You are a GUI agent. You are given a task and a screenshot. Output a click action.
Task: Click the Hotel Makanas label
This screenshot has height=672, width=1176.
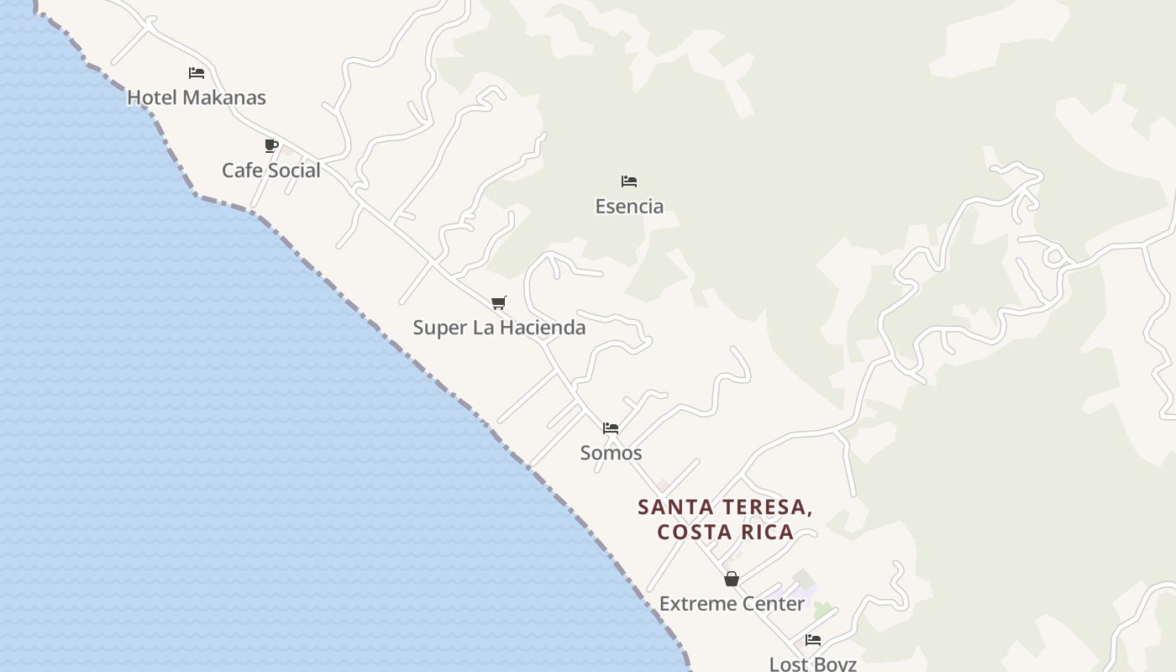[x=196, y=97]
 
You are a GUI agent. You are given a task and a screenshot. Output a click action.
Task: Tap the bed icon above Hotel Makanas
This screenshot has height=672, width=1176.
[x=197, y=73]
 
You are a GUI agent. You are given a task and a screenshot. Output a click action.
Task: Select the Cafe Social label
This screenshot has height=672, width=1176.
[x=270, y=171]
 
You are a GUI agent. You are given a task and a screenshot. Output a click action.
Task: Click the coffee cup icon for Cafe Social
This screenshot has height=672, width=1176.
[x=270, y=146]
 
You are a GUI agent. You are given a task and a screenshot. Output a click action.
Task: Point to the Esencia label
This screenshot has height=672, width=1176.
[x=629, y=206]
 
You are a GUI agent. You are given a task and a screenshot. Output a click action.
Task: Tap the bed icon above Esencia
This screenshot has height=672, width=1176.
[x=629, y=181]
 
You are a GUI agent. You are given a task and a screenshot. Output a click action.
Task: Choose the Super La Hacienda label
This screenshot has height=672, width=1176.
[x=499, y=328]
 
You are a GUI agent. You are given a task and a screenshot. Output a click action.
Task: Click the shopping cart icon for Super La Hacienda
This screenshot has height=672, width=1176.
[x=499, y=302]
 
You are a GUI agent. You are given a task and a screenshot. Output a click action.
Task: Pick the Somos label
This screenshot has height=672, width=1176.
[x=611, y=453]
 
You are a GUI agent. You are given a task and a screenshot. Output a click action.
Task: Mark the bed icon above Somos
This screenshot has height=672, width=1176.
[x=611, y=428]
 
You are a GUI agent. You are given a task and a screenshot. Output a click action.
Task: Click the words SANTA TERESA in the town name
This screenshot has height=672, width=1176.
[x=724, y=507]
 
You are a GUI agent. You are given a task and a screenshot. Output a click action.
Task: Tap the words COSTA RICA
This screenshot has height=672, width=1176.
[x=725, y=532]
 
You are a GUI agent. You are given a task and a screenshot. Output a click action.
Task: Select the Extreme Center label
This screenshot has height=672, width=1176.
[x=732, y=603]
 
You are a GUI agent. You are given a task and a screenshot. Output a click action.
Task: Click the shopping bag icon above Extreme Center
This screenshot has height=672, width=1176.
[x=732, y=579]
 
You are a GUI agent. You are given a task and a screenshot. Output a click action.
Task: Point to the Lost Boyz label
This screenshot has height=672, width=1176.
[x=812, y=664]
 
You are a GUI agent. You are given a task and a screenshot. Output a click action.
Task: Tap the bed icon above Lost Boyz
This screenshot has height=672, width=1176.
[x=812, y=640]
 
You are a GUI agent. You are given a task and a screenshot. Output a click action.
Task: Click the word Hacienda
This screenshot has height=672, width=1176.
[x=543, y=328]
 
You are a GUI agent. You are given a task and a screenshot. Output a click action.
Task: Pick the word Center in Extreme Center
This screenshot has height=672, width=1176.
[x=774, y=603]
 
